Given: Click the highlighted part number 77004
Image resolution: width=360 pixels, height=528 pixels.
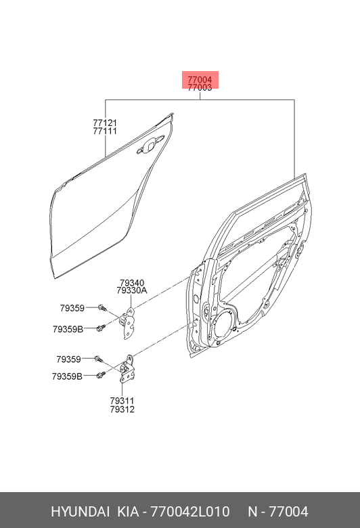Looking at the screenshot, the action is click(x=200, y=80).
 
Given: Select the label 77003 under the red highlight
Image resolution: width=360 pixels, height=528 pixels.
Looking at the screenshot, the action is click(x=200, y=87).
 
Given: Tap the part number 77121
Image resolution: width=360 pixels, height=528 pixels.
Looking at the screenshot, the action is click(x=105, y=123).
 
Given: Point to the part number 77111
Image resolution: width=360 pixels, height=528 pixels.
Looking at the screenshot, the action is click(x=105, y=131).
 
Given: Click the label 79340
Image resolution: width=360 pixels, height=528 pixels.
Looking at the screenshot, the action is click(x=132, y=283).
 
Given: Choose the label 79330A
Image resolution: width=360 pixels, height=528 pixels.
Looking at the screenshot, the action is click(x=132, y=290).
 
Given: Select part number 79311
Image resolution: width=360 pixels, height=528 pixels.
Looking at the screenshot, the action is click(x=122, y=401).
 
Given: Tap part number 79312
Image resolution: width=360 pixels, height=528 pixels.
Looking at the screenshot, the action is click(x=122, y=410).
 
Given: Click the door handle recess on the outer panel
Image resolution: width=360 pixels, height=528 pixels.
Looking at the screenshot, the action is click(x=150, y=145).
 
